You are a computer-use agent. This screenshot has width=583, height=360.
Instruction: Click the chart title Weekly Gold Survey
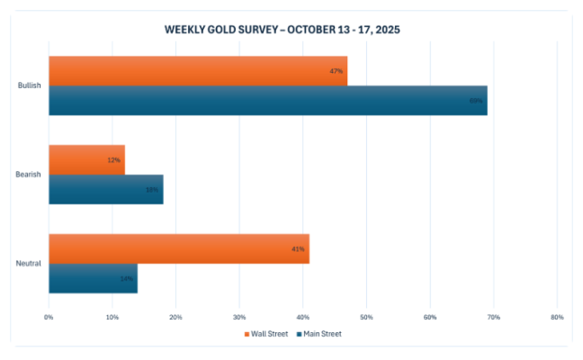pos(282,29)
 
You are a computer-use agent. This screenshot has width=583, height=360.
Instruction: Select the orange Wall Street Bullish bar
pos(198,71)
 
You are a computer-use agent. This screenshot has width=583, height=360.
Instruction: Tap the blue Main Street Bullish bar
pos(268,100)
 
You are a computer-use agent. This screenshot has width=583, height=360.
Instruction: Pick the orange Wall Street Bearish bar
pos(86,159)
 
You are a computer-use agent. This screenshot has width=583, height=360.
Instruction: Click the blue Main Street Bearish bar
pos(106,189)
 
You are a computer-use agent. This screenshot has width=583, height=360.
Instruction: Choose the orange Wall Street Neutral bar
pos(179,248)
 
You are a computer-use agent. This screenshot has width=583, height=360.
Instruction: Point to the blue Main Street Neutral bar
pos(93,278)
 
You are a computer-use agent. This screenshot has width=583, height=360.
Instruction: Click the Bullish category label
pos(30,85)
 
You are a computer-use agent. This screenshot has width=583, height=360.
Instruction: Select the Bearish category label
pos(29,175)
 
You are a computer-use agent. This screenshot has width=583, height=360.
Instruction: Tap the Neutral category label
pos(29,263)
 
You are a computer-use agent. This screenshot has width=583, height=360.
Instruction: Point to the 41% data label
pos(299,248)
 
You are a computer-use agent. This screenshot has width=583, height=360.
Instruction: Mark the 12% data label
pos(114,159)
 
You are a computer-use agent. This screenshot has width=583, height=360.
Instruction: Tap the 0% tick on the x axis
pos(49,317)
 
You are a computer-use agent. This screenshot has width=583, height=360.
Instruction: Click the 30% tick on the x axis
pos(239,317)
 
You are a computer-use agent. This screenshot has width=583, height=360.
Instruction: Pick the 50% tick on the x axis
pos(366,317)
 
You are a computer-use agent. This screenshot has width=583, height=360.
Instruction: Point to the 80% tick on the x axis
pos(557,317)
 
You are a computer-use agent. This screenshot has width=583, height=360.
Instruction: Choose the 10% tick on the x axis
pos(112,317)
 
